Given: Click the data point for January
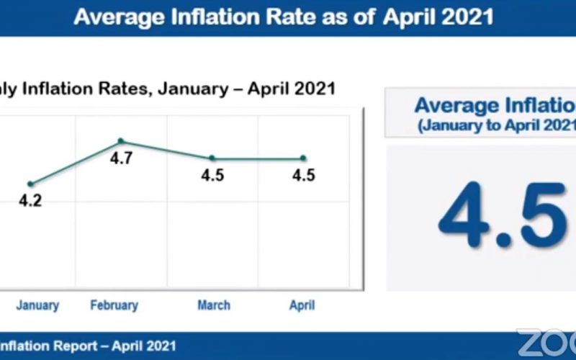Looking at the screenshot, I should pos(30,184).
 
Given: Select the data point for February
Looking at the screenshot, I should pos(121,140).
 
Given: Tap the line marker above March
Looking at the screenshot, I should pos(212,158).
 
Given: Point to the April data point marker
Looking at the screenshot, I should pos(303,158).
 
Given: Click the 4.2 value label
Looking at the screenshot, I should pos(30,201).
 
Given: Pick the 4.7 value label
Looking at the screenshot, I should pos(121,158).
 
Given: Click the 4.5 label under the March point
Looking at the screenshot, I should pos(212,175).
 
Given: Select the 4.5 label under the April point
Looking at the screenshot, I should pos(303,175).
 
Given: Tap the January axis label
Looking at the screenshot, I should pos(37,305).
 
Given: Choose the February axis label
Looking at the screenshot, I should pos(114,305).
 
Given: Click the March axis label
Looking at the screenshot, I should pos(214,305).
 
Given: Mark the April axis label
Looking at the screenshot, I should pos(302,305).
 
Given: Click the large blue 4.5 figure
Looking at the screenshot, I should pos(503,215).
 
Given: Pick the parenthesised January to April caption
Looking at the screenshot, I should pos(497,125).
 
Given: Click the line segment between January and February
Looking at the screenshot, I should pos(76,163).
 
